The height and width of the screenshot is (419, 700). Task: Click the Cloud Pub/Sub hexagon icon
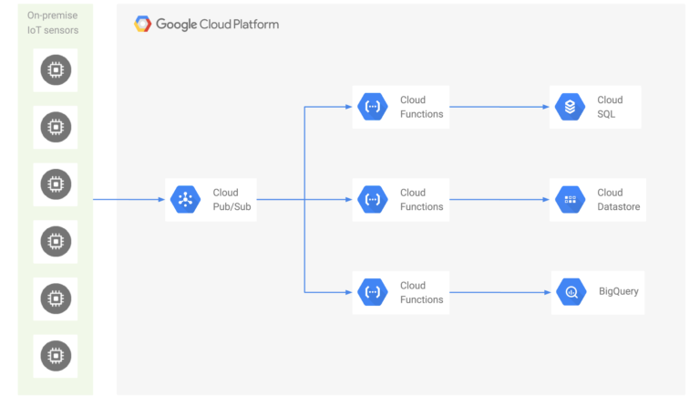185,199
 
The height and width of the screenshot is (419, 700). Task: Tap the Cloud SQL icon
571,107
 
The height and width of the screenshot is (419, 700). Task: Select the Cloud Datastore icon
571,199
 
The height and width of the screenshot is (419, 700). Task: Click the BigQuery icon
571,292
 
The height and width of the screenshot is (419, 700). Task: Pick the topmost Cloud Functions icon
372,107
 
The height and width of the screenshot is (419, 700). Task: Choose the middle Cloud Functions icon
372,199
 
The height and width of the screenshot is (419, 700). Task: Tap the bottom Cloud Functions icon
372,292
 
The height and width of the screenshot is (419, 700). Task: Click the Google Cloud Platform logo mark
143,25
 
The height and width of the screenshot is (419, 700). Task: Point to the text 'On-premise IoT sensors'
53,23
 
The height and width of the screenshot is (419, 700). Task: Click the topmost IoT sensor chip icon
56,69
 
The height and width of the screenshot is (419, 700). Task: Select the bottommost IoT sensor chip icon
56,355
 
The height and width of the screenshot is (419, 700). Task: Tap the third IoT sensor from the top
56,184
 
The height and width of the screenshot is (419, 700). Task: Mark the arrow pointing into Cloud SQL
501,107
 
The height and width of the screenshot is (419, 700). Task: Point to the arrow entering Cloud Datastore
501,199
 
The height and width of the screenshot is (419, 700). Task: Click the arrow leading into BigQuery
501,292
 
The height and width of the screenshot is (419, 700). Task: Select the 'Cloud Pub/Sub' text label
226,199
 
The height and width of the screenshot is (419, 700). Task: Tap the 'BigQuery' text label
618,292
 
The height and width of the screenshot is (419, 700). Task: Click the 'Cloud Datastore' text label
618,199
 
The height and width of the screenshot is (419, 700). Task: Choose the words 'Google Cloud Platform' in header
217,25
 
